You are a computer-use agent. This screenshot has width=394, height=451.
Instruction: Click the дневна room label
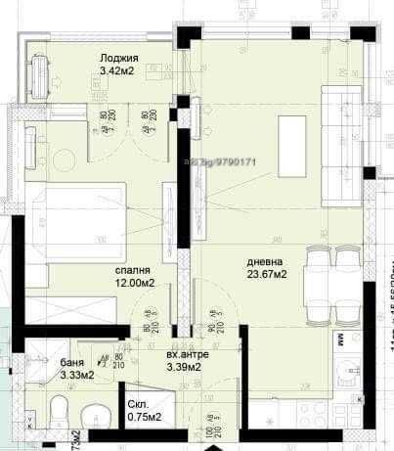tap(264, 262)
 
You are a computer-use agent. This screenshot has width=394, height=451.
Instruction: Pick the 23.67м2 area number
tap(266, 276)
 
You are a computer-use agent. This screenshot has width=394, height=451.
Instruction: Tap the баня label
tap(70, 361)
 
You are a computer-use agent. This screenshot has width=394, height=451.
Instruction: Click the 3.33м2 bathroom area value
tap(76, 374)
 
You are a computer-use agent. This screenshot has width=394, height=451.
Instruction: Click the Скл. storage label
tap(138, 403)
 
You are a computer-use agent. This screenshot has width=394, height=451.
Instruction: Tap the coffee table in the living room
tap(292, 133)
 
